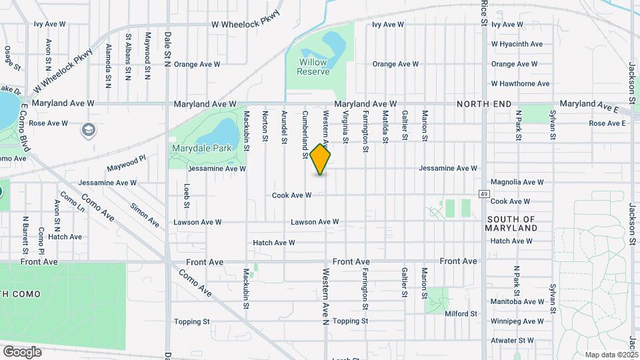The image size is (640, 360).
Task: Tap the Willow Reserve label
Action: click(x=313, y=67)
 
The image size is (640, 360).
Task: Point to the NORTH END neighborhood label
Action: click(x=484, y=105)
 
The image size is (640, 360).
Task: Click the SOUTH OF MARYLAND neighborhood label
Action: click(x=512, y=223)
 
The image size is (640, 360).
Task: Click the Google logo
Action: click(x=22, y=351)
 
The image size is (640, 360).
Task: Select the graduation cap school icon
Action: click(x=88, y=129)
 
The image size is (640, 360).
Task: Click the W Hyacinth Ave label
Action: click(x=517, y=44)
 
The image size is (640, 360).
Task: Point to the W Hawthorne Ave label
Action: click(x=520, y=84)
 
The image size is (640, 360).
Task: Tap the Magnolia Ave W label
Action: click(x=517, y=182)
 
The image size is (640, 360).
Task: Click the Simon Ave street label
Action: click(x=145, y=215)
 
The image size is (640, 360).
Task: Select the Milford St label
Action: click(x=461, y=313)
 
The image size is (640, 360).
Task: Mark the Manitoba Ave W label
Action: click(x=517, y=301)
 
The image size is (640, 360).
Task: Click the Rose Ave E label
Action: click(x=607, y=123)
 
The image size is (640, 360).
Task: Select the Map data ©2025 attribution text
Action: click(x=611, y=355)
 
